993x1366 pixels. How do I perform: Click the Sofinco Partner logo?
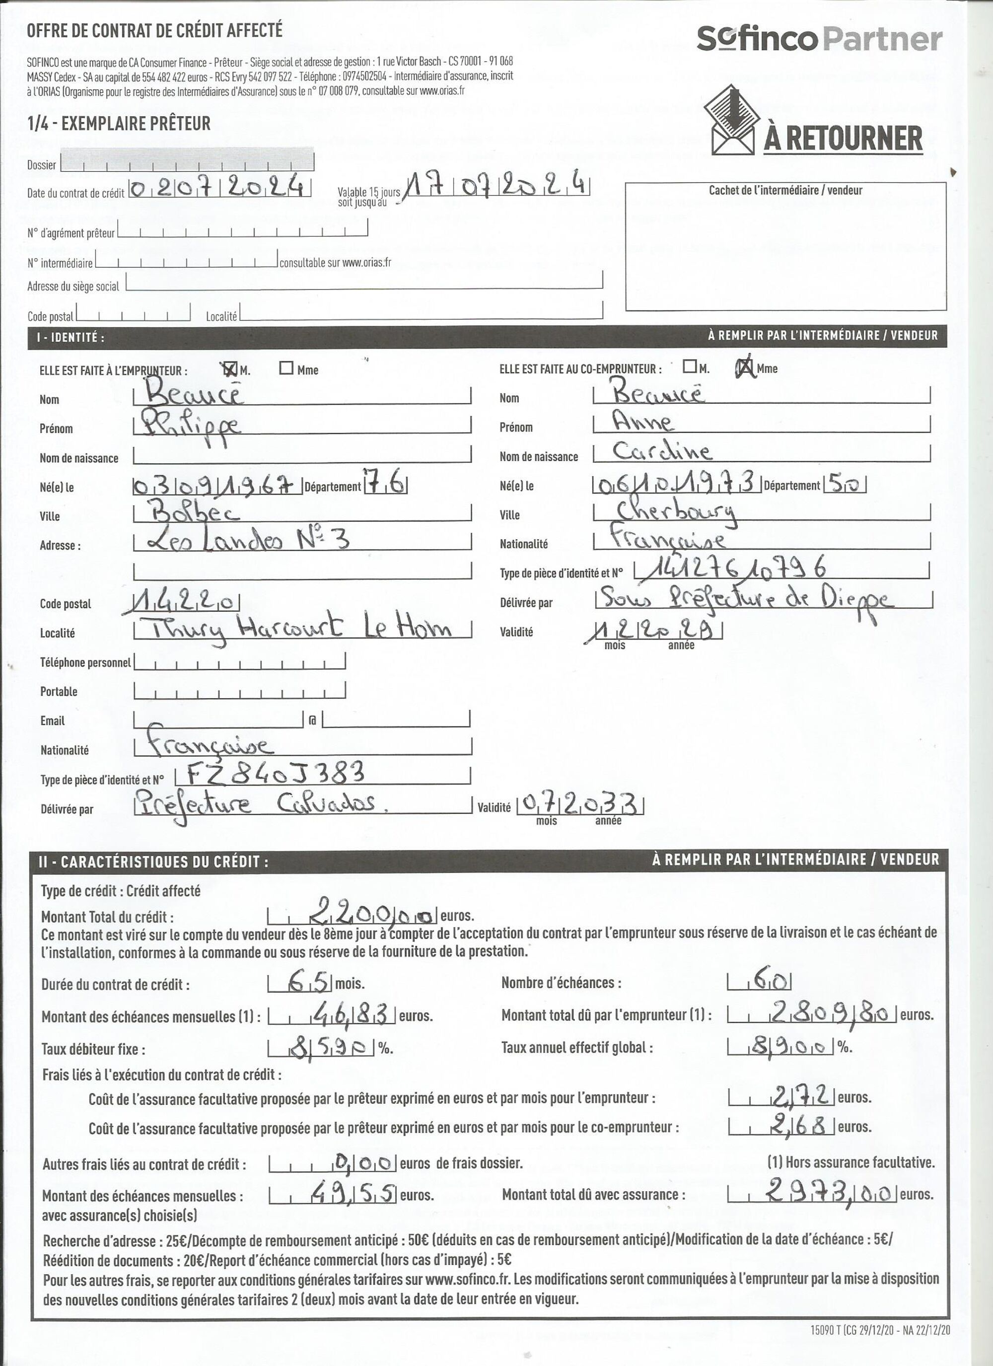point(819,39)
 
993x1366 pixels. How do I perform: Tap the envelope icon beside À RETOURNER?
point(732,121)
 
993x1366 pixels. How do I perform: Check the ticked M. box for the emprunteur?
point(229,368)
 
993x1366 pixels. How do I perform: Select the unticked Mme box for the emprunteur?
point(286,368)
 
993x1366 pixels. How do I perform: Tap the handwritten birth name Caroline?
point(662,450)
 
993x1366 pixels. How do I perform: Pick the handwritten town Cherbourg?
point(674,511)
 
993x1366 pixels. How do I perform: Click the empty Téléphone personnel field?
point(240,662)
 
